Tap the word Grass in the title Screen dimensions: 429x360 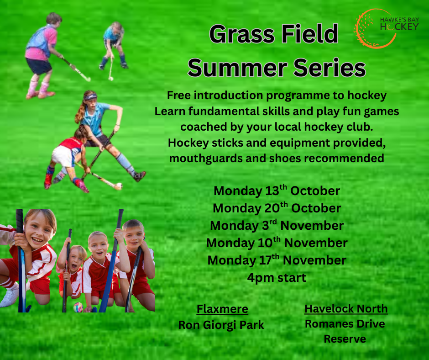click(x=242, y=34)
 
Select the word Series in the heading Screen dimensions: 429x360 click(x=330, y=68)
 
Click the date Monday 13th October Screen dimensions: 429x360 click(x=277, y=191)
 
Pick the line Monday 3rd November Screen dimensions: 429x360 click(x=277, y=226)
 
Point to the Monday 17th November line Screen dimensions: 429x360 click(x=277, y=260)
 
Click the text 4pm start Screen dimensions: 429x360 click(x=277, y=277)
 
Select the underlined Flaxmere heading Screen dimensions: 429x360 click(x=222, y=309)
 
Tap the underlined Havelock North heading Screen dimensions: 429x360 click(x=346, y=309)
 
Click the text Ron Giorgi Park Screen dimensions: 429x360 click(x=221, y=325)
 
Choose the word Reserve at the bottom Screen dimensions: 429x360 click(x=345, y=339)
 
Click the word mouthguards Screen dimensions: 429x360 click(x=206, y=159)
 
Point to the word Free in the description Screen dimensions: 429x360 click(x=178, y=95)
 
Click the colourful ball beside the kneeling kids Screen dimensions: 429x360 click(x=78, y=307)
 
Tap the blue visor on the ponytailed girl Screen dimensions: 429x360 click(x=90, y=97)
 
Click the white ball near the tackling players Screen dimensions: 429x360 click(x=119, y=186)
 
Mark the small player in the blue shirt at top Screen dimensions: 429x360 click(x=114, y=45)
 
